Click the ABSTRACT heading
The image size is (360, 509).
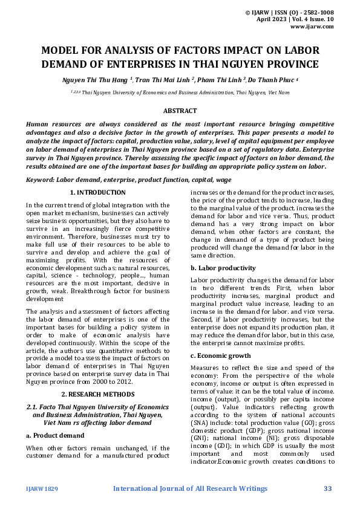click(x=180, y=111)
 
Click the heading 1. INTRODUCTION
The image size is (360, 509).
click(x=97, y=193)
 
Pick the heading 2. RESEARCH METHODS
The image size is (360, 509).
click(x=97, y=394)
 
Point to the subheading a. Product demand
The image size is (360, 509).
click(x=55, y=435)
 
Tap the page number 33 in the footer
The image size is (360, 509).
click(x=328, y=488)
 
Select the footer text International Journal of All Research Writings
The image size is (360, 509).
click(x=190, y=488)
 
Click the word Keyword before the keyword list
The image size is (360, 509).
click(x=40, y=180)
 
